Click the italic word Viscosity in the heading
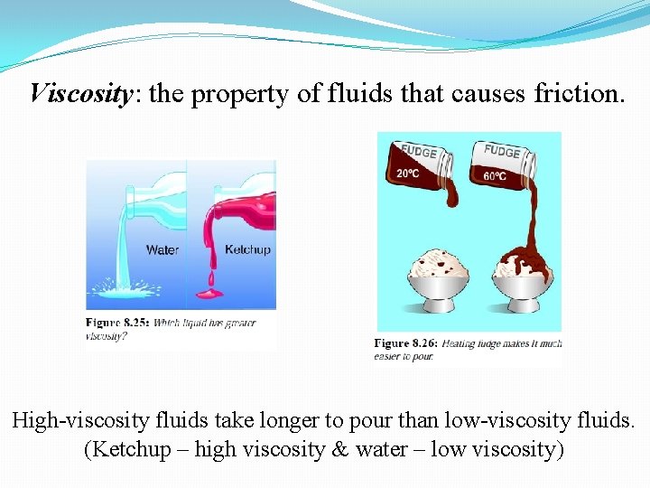[81, 93]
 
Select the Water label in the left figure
[162, 249]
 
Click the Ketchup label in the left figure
[247, 249]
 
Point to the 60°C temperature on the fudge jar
[495, 176]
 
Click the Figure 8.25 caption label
[117, 323]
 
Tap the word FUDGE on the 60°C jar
[501, 152]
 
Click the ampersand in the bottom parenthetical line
[391, 449]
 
